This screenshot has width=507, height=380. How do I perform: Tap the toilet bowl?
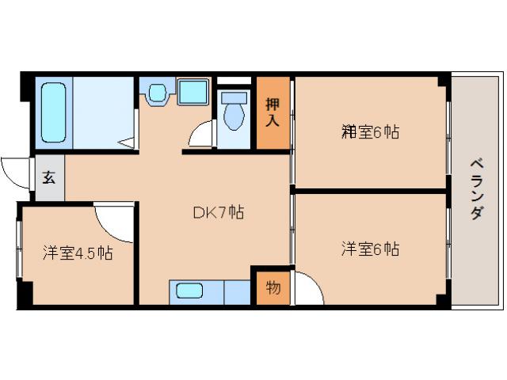232,113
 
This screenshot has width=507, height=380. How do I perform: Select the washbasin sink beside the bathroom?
156,93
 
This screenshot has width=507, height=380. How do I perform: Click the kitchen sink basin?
190,291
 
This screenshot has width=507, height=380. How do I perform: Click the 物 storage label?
273,287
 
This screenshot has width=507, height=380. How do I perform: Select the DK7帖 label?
218,212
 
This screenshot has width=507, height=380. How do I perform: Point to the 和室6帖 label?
369,132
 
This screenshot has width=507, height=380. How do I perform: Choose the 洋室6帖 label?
369,249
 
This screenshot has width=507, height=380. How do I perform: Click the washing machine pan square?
193,91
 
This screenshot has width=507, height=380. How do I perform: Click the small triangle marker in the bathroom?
127,142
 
